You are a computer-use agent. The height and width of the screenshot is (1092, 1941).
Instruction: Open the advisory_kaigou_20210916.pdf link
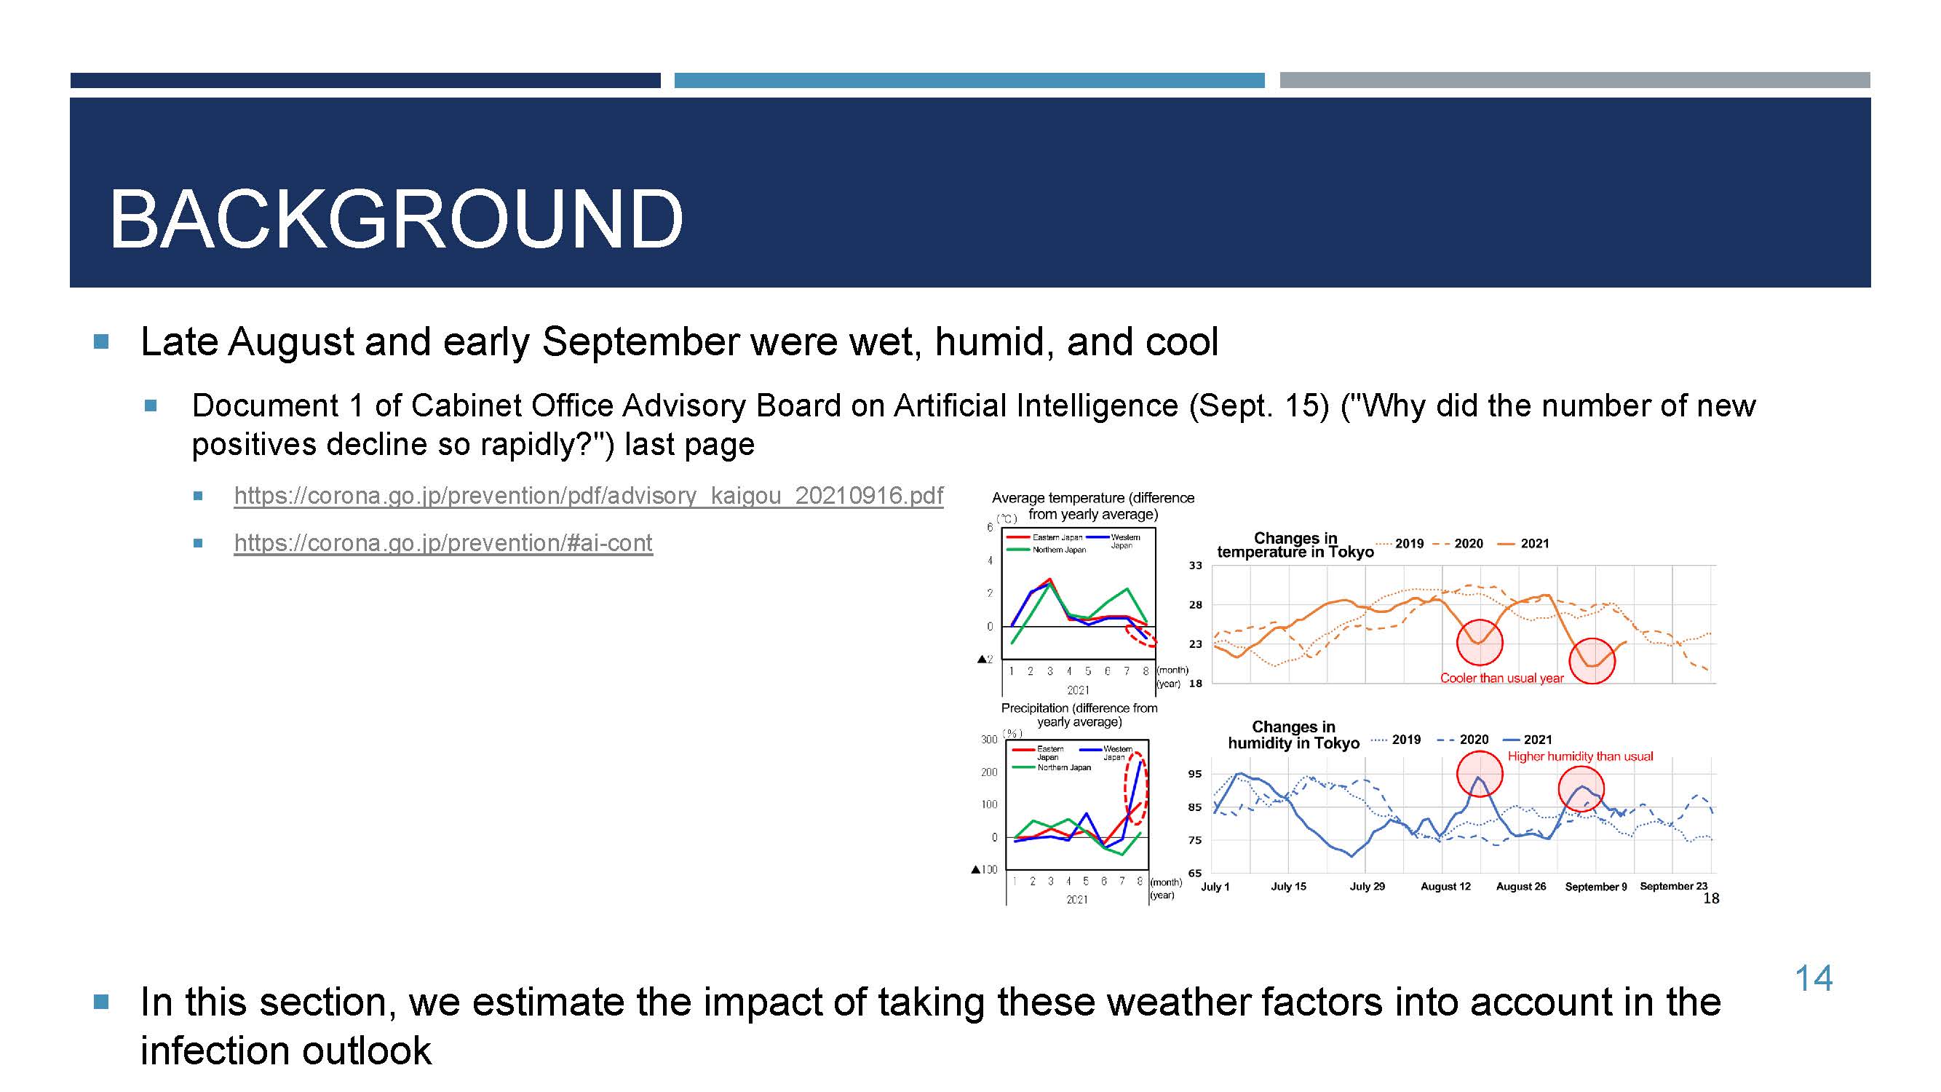589,495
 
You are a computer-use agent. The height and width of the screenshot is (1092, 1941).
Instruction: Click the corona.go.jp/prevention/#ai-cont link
443,542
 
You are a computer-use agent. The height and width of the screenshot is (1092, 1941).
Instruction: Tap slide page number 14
1813,978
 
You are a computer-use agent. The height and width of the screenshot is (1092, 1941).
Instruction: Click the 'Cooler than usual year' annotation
1501,678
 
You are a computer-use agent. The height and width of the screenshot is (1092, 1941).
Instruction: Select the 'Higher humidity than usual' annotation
1580,756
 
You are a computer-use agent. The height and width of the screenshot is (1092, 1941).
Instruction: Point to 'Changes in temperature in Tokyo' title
1295,545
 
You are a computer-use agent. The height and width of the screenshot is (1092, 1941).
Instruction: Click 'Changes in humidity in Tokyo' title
1294,735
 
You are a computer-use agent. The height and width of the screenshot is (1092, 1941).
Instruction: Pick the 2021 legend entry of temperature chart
1523,543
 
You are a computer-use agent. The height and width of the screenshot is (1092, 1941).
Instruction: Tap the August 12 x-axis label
1445,886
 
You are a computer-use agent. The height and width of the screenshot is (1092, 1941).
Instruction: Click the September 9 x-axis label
1596,886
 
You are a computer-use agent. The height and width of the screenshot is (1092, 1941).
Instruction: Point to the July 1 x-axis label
1215,886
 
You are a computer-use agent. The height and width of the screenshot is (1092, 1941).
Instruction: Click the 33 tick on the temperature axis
1196,565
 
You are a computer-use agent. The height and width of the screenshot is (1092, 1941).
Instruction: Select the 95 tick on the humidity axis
1195,774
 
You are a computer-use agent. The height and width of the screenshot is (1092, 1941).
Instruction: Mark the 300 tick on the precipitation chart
988,740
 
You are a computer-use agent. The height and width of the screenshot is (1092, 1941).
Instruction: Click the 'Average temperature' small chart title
1092,506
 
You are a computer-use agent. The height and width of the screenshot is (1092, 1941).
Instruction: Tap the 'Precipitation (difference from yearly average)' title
1079,714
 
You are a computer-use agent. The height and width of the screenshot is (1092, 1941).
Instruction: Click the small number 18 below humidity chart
1711,898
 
